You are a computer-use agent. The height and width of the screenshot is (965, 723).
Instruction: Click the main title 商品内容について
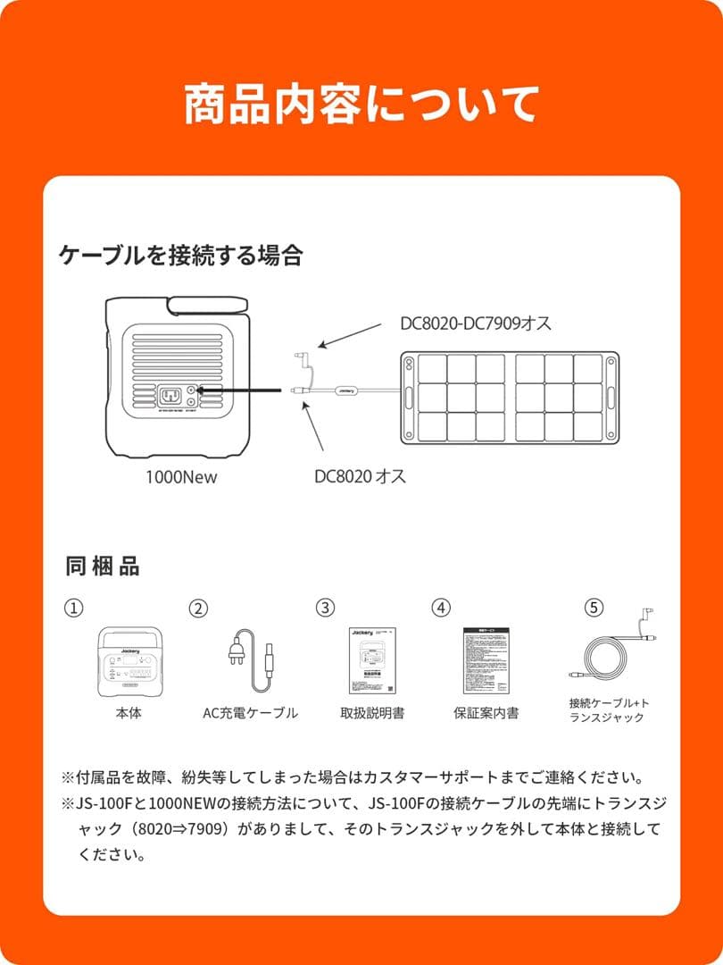tap(361, 105)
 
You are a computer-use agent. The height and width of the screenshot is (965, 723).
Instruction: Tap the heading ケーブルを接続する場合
tap(180, 256)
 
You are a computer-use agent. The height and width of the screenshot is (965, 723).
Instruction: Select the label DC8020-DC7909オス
tap(476, 323)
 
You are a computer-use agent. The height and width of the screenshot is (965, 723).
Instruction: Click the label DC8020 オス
tap(360, 476)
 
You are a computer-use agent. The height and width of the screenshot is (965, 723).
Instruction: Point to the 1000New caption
tap(181, 477)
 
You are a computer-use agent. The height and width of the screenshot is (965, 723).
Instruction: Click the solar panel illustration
tap(509, 397)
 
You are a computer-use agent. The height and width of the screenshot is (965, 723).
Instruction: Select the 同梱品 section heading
tap(103, 566)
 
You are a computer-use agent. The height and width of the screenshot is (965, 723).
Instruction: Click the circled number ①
tap(73, 608)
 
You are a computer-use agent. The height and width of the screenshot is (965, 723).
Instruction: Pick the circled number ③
tap(325, 608)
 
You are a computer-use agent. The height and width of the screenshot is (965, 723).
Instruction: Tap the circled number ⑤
tap(593, 608)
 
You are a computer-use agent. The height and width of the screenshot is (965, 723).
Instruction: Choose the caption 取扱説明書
tap(371, 712)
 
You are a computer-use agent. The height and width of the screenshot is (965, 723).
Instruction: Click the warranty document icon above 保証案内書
tap(487, 660)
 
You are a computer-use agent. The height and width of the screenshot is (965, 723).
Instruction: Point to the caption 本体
tap(128, 712)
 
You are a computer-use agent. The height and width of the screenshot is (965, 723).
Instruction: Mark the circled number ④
tap(441, 608)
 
